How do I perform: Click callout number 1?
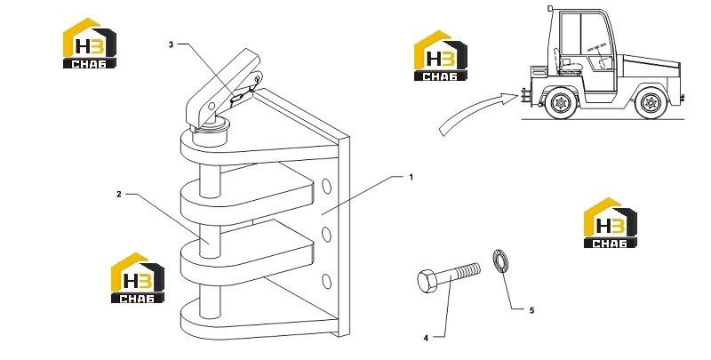[x=411, y=177]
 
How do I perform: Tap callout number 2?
[x=119, y=194]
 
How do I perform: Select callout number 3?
[x=171, y=44]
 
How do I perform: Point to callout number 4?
[x=426, y=338]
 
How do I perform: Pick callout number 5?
[x=531, y=310]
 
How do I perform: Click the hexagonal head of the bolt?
[x=427, y=281]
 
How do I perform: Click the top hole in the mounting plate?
[x=326, y=187]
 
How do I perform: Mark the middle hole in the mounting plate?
[x=326, y=234]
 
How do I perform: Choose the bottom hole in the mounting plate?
[x=326, y=281]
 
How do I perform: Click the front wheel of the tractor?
[x=562, y=103]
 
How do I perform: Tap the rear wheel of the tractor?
[x=651, y=103]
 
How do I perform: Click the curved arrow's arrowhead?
[x=510, y=98]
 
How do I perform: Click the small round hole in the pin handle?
[x=212, y=106]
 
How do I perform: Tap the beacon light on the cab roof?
[x=550, y=8]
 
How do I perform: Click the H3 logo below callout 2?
[x=138, y=278]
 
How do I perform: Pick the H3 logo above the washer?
[x=610, y=222]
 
